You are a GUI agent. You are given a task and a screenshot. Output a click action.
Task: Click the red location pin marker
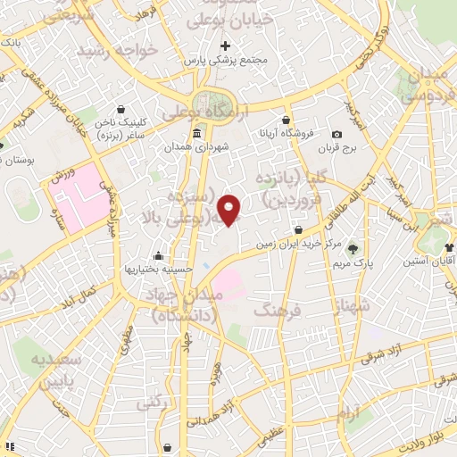[230, 209]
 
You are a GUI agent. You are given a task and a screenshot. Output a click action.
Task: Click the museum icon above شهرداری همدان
[196, 134]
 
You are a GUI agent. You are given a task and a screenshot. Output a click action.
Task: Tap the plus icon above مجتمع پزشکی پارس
[225, 46]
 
